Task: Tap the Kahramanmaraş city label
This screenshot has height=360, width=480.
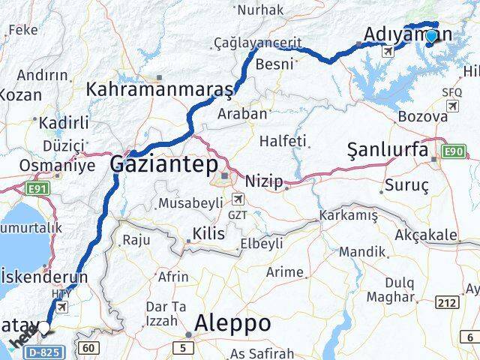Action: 160,89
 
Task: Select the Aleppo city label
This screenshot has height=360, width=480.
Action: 232,323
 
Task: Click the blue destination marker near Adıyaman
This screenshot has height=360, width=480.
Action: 431,35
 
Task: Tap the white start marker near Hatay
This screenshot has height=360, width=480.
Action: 45,328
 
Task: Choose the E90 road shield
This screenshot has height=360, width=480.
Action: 454,151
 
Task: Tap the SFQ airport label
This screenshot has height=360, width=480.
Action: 452,92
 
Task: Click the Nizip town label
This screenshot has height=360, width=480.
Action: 265,180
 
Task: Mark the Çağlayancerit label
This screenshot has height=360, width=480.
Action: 247,43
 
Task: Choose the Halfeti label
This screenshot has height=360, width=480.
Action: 283,140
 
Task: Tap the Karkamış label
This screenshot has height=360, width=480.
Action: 349,216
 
